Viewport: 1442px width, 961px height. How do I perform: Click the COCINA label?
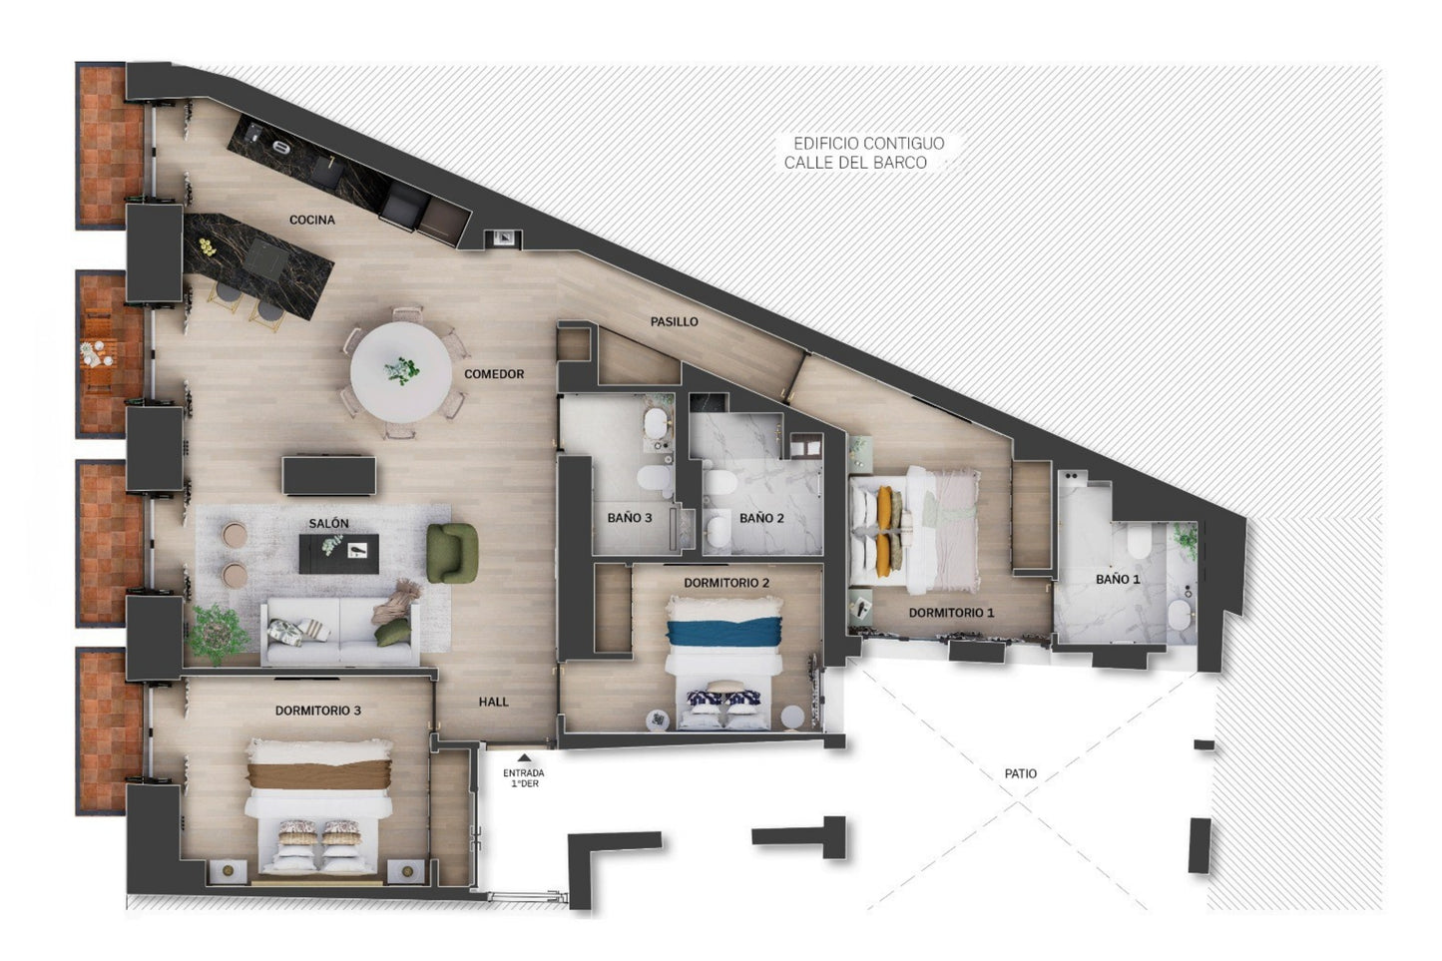pos(312,221)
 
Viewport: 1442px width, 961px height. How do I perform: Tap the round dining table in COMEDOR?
pos(401,372)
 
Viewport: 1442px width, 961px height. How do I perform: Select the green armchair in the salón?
pos(452,554)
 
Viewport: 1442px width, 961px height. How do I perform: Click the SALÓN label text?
pos(329,523)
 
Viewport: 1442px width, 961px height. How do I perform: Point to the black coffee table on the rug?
pos(338,554)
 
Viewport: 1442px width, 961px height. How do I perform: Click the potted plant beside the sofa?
pos(218,634)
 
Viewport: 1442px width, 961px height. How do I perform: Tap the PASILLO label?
pos(674,322)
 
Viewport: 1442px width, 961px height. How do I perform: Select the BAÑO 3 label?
pos(630,518)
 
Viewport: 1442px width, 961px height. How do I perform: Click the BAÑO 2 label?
pos(761,518)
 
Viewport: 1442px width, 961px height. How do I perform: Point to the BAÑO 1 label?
pos(1118,580)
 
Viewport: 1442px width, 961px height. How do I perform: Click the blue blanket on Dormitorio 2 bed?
pos(724,632)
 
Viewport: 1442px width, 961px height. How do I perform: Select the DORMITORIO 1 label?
pos(951,613)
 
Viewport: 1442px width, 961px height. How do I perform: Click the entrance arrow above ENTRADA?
pos(525,758)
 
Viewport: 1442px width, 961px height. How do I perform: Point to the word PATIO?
pos(1021,773)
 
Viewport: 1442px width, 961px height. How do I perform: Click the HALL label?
pos(494,702)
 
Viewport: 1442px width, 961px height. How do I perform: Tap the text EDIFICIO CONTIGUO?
pos(869,143)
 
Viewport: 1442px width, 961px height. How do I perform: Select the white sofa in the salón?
pos(340,633)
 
